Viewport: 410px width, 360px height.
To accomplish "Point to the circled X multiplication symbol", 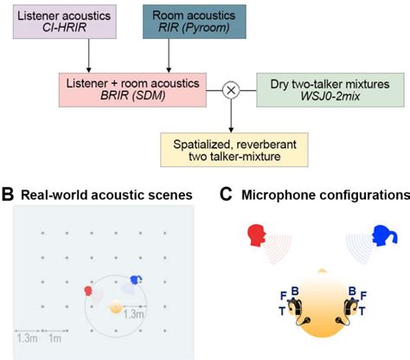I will click(x=232, y=89).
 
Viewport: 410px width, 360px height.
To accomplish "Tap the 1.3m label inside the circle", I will click(x=133, y=315).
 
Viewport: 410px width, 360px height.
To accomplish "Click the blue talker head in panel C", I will click(x=379, y=235).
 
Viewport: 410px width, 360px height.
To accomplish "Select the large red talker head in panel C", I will click(x=256, y=235).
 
